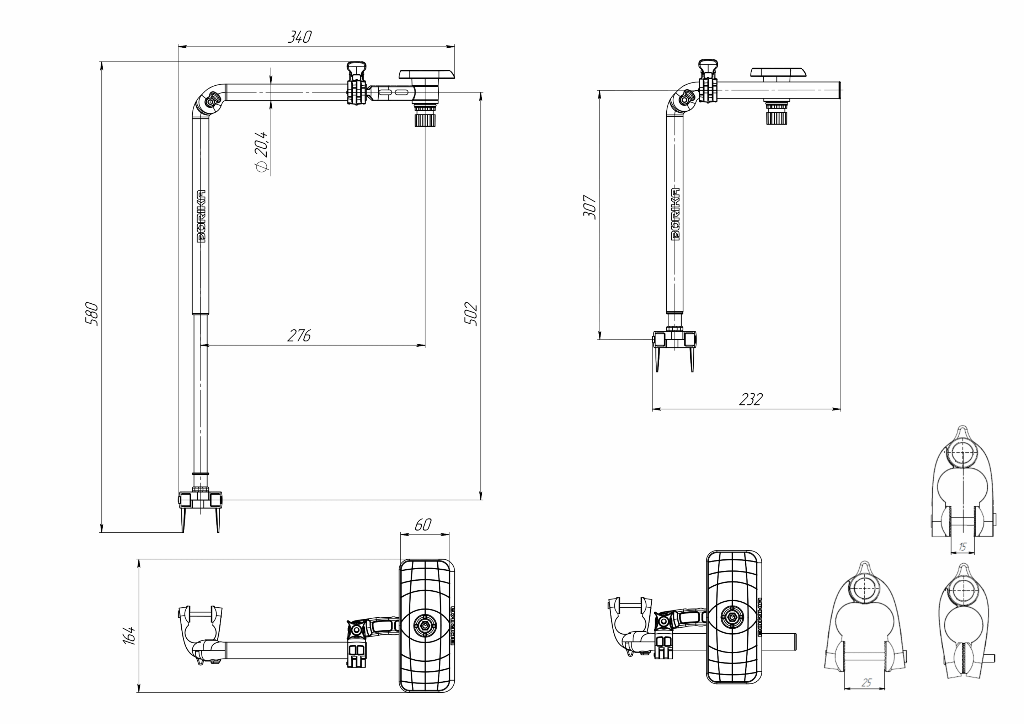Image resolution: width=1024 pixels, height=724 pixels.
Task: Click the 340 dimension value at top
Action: (x=299, y=37)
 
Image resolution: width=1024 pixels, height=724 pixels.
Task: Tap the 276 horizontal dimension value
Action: (x=298, y=335)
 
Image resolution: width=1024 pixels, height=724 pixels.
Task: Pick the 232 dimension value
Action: (x=751, y=399)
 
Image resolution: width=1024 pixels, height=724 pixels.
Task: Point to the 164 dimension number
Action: (x=128, y=635)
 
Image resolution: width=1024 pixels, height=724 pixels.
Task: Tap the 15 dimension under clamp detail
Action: (x=962, y=547)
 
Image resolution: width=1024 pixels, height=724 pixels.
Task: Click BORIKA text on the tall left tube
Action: (x=201, y=216)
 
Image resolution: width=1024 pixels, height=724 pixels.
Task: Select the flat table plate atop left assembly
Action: (x=426, y=74)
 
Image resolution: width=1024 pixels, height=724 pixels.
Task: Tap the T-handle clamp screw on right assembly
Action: (x=708, y=68)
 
